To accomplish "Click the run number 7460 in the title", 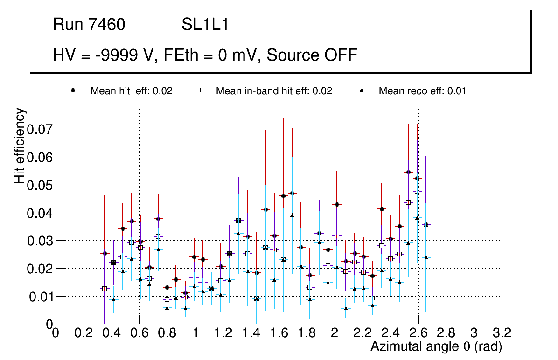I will [107, 25].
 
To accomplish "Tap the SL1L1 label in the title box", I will [205, 25].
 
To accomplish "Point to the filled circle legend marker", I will [73, 91].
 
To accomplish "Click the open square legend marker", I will [198, 91].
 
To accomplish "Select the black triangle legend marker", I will [362, 91].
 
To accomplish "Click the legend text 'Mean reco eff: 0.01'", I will [422, 91].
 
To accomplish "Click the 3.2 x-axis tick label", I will [502, 333].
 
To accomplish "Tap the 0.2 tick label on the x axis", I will [83, 333].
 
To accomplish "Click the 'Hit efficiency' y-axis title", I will [20, 145].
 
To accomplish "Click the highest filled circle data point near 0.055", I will [408, 172].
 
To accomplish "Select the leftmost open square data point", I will [105, 289].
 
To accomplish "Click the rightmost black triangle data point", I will [426, 257].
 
